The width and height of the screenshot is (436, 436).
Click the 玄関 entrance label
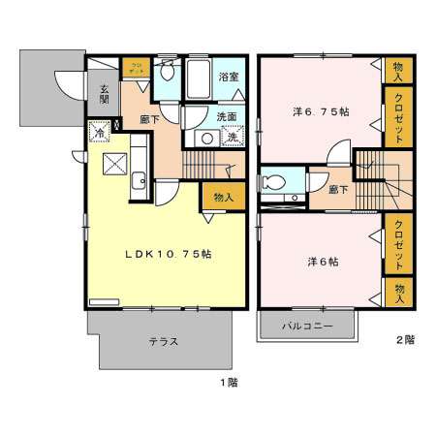point(104,93)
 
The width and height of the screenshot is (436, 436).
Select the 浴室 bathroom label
point(229,76)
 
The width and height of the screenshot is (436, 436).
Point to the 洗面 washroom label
point(227,116)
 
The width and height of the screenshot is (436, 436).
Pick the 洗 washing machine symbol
point(233,138)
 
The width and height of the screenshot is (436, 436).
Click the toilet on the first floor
point(167,72)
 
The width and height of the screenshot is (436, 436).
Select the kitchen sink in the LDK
point(140,178)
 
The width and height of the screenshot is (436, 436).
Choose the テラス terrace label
point(162,342)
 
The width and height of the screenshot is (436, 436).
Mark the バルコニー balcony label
point(308,327)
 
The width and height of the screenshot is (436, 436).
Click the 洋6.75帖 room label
point(321,111)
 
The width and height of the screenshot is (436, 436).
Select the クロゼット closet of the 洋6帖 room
point(397,246)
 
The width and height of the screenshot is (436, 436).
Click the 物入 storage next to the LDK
point(223,197)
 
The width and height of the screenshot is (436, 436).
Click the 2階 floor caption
point(404,340)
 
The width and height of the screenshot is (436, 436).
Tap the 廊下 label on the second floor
point(338,190)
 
